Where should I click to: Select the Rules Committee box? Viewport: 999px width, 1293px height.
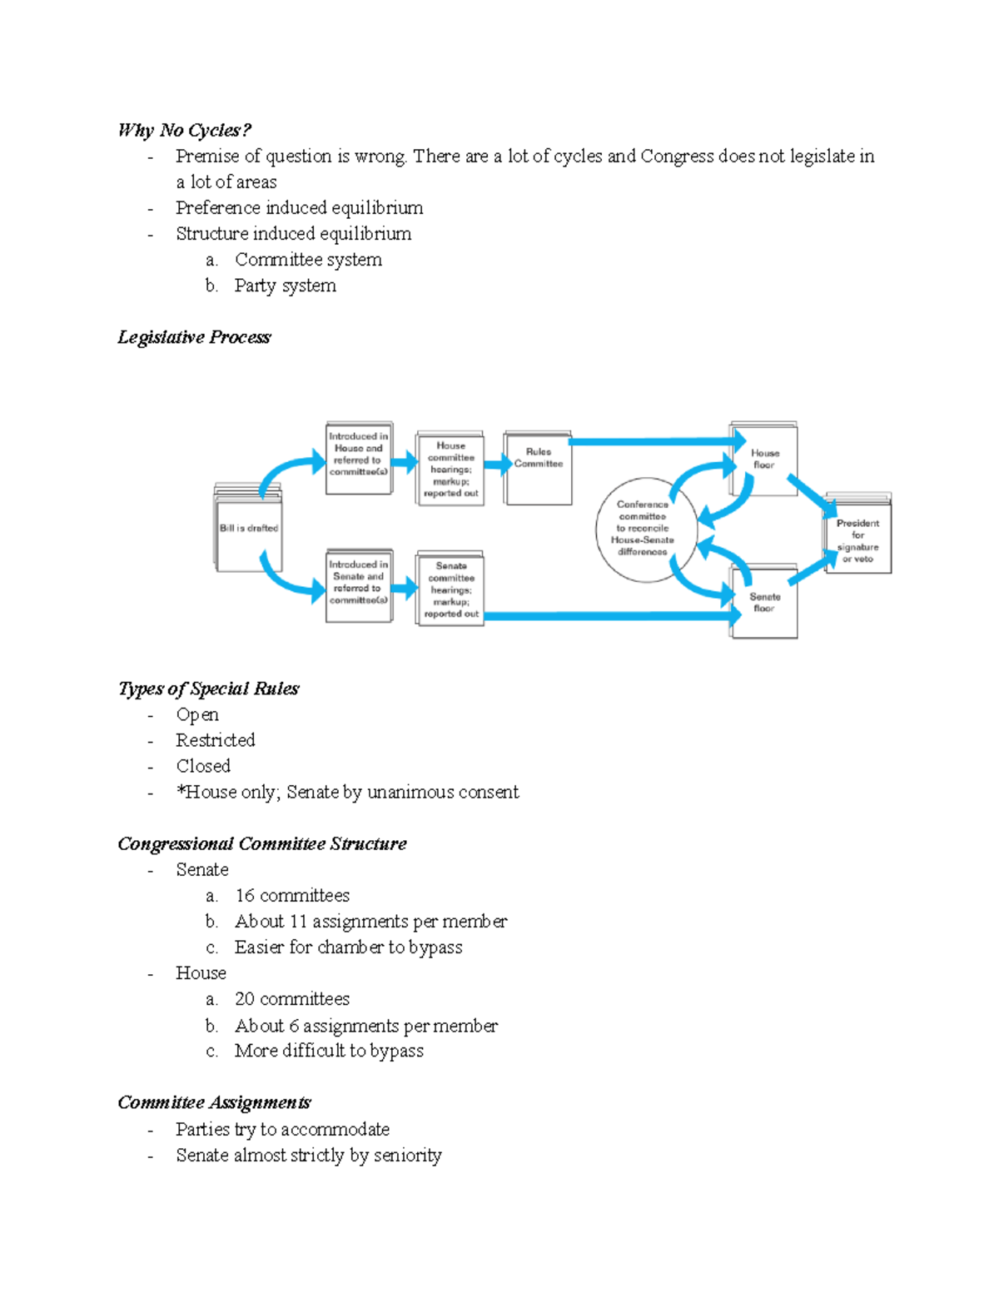[x=538, y=468]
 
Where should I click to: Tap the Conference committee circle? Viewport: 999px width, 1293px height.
[x=642, y=529]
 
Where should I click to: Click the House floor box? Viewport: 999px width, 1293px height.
[x=764, y=460]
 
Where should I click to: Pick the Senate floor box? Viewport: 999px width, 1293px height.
[x=764, y=603]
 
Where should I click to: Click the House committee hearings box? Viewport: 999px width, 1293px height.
[x=450, y=470]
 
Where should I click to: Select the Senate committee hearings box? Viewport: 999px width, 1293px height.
[x=450, y=589]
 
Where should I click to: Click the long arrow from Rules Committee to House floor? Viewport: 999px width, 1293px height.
[x=649, y=441]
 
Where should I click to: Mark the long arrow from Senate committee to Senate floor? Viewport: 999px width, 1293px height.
[x=608, y=616]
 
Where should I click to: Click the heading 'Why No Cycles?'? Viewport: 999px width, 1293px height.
[x=184, y=130]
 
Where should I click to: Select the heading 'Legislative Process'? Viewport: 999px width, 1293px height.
[x=194, y=337]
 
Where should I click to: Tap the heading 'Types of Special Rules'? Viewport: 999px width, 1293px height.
[x=208, y=689]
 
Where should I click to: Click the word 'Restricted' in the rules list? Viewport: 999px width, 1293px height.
[x=215, y=740]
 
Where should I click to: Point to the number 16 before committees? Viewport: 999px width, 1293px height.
[x=245, y=896]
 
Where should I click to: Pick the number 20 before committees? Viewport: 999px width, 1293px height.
[x=245, y=999]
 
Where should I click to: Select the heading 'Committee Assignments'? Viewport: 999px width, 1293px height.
[x=214, y=1103]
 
